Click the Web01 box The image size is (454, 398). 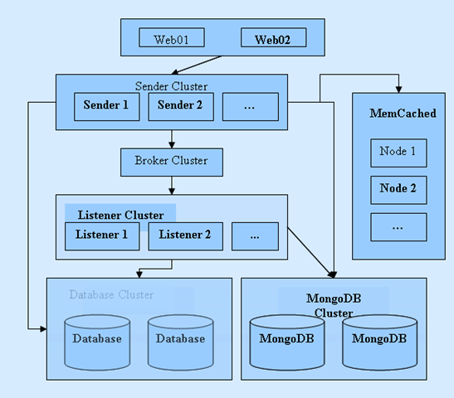point(172,37)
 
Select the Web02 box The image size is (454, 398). point(274,37)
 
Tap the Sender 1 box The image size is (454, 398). point(107,107)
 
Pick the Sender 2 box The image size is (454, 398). point(181,107)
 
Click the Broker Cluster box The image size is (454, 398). point(172,163)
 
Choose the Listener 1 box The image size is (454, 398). point(102,236)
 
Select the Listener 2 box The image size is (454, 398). point(186,236)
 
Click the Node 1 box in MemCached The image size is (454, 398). point(398,153)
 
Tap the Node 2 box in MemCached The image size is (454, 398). point(398,190)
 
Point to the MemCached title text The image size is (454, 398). point(403,113)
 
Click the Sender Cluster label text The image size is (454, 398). point(172,86)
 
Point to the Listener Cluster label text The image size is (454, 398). point(120,215)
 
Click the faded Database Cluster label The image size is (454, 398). point(111,294)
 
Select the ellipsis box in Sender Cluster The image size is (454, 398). point(251,107)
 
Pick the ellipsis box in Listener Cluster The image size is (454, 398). point(255,236)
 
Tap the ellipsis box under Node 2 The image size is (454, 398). point(398,227)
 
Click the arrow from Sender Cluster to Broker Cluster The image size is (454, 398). point(172,139)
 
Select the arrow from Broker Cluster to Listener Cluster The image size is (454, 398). point(172,186)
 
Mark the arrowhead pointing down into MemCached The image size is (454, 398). point(398,90)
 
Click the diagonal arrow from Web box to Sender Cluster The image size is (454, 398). point(197,65)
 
